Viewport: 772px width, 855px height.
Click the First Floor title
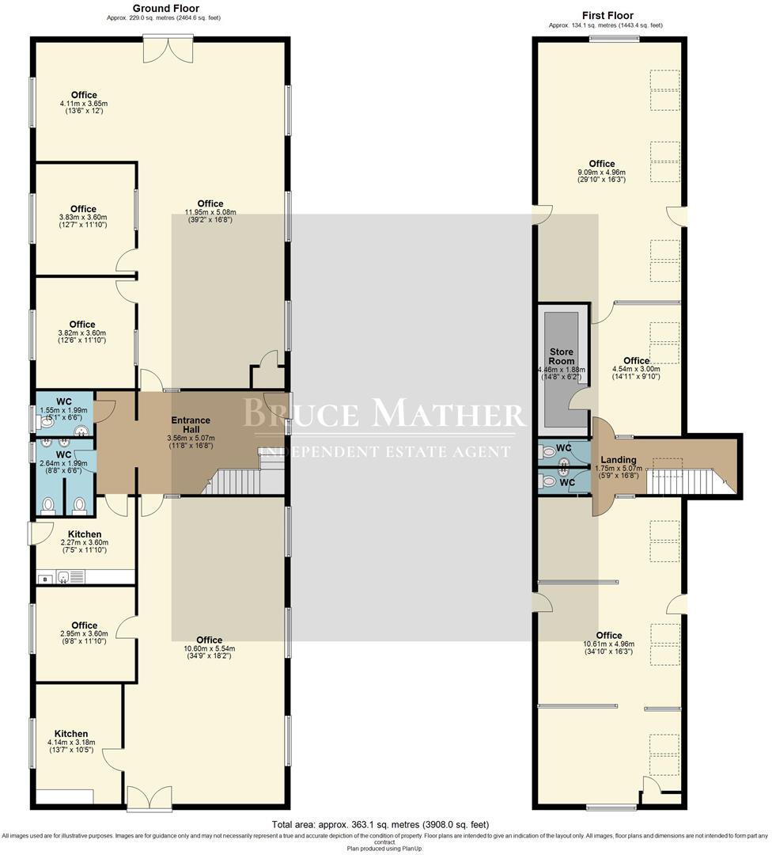(607, 15)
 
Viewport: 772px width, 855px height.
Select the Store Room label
(562, 356)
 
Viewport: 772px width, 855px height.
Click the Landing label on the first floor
(619, 460)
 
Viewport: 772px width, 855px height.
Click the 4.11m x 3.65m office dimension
(83, 103)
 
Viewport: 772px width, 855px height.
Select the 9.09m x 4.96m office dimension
(601, 172)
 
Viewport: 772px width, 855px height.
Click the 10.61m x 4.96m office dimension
(608, 644)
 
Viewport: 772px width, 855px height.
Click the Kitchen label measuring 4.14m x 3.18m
(71, 734)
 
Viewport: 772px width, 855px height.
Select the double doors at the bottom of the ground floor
(148, 797)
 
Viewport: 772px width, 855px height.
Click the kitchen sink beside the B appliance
(65, 577)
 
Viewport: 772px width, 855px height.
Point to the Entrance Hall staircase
(233, 481)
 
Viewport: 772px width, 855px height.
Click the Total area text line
(380, 824)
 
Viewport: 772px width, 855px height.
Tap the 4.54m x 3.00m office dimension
(636, 369)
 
